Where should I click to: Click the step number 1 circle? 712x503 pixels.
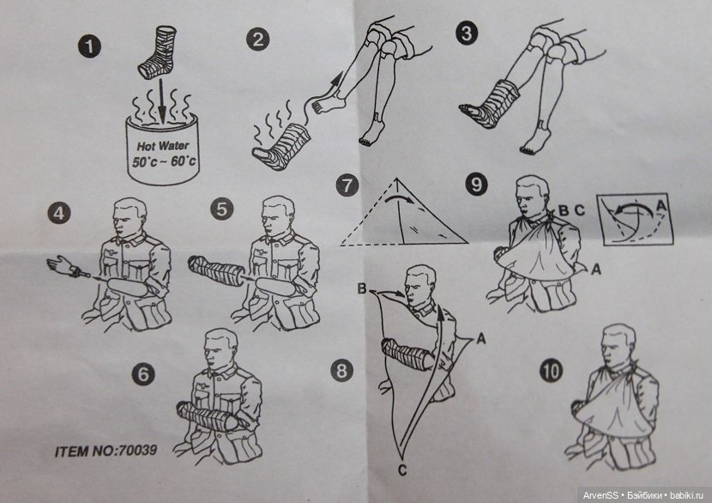[x=89, y=46]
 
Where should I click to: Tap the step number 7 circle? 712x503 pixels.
[x=347, y=185]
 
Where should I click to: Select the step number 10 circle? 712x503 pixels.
[x=551, y=371]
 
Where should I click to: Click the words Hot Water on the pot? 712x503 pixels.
[x=163, y=146]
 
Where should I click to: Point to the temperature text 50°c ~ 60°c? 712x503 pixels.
[x=164, y=161]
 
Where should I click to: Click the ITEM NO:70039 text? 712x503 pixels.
[x=106, y=451]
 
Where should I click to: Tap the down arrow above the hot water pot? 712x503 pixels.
[x=161, y=101]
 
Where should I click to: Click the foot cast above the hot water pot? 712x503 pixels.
[x=158, y=52]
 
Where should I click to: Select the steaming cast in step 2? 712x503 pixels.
[x=281, y=148]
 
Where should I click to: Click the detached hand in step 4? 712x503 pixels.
[x=67, y=266]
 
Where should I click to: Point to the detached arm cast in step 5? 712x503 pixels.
[x=217, y=271]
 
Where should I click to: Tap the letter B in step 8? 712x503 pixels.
[x=361, y=288]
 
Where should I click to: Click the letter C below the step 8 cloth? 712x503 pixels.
[x=402, y=470]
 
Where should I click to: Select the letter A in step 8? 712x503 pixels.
[x=481, y=338]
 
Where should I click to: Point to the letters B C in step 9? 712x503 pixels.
[x=570, y=210]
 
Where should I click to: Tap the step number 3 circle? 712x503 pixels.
[x=468, y=33]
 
